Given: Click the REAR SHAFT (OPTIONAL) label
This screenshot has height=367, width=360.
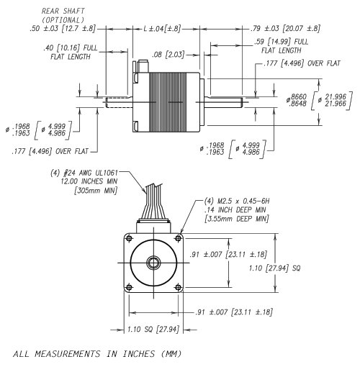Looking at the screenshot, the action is tap(63, 15).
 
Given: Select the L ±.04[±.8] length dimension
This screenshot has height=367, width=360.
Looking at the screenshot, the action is tap(162, 29).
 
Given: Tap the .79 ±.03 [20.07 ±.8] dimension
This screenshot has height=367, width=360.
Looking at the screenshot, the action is tap(285, 29).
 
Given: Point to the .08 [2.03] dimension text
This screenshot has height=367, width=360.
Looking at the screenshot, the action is tap(168, 55).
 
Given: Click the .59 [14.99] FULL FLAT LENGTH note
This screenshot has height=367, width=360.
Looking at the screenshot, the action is tap(282, 46).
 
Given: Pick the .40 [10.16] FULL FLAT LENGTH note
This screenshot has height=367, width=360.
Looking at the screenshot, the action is tap(71, 52).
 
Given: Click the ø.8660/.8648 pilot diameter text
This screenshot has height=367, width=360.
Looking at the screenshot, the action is tap(297, 100).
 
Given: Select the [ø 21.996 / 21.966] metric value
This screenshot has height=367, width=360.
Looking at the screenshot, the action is tap(332, 101).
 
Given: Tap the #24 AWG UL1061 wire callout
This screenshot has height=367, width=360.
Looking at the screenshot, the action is tap(84, 173).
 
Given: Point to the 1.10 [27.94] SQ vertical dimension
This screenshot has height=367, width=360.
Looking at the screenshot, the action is tap(274, 268).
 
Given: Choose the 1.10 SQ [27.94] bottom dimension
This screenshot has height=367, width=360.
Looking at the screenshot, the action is tap(153, 330).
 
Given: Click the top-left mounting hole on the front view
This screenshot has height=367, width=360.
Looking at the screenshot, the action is tap(129, 238).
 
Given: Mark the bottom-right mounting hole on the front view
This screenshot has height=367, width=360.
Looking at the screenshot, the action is tap(179, 287).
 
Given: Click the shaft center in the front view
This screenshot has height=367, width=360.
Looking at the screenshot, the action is tap(153, 263).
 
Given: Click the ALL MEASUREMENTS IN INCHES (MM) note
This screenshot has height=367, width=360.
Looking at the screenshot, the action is tap(97, 354).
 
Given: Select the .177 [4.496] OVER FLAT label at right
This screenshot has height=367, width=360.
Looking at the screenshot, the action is tap(302, 63).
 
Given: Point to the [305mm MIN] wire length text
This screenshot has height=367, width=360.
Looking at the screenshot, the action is tap(96, 191).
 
